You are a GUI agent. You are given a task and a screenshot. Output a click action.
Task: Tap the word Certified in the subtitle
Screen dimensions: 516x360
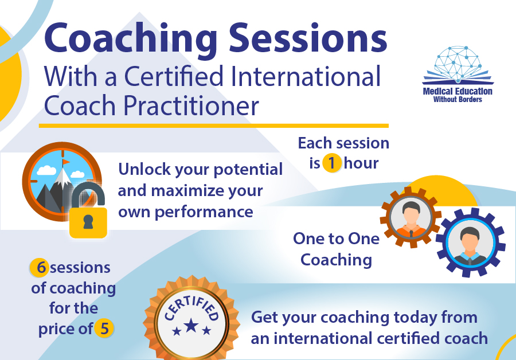coord(174,76)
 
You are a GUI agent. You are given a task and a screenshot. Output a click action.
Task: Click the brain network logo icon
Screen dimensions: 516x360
coord(458,65)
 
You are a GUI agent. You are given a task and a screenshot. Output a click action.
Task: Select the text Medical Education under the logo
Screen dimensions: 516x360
coord(458,91)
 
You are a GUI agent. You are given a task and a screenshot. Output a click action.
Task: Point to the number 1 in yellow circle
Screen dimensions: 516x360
coord(331,163)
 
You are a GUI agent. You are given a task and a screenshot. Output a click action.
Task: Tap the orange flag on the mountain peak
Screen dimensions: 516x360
coord(66,162)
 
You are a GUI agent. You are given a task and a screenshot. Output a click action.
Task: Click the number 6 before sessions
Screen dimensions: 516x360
coord(41,267)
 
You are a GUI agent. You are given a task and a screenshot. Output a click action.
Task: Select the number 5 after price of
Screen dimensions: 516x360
coord(104,328)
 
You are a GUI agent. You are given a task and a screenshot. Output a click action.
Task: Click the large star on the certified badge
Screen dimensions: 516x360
coord(191,326)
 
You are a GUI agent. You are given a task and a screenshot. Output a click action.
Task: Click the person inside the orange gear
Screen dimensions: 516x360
coord(411,219)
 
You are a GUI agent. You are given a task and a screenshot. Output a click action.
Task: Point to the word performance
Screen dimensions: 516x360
coord(204,212)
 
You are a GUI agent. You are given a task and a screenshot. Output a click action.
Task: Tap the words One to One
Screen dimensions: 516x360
coord(336,238)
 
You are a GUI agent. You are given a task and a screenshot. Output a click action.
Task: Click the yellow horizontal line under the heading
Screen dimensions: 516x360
coord(214,126)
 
